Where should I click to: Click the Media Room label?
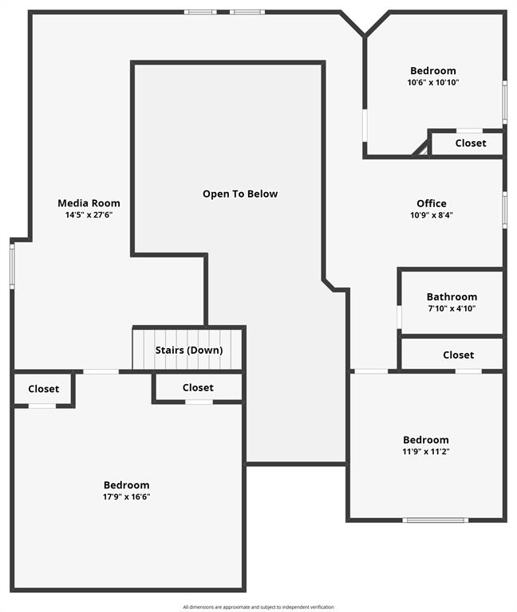pyautogui.click(x=89, y=203)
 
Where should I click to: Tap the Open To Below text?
pyautogui.click(x=240, y=194)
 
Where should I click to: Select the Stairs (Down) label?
pyautogui.click(x=189, y=350)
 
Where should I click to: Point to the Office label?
pyautogui.click(x=432, y=203)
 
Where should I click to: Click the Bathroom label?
pyautogui.click(x=452, y=296)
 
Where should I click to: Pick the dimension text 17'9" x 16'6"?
pyautogui.click(x=127, y=496)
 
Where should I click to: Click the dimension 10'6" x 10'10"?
pyautogui.click(x=433, y=82)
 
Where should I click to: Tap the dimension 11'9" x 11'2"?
pyautogui.click(x=426, y=452)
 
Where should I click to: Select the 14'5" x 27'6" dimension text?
pyautogui.click(x=89, y=214)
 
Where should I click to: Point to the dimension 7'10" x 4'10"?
pyautogui.click(x=452, y=308)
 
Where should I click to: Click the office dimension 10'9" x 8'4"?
pyautogui.click(x=432, y=214)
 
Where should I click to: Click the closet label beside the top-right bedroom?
pyautogui.click(x=471, y=143)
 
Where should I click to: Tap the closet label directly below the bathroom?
pyautogui.click(x=459, y=355)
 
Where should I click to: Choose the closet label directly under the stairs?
pyautogui.click(x=198, y=387)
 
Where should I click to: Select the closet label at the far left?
pyautogui.click(x=43, y=389)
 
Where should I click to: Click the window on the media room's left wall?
pyautogui.click(x=12, y=266)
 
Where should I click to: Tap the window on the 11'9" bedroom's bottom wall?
pyautogui.click(x=436, y=520)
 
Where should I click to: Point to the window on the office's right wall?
pyautogui.click(x=504, y=210)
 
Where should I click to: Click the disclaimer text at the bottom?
pyautogui.click(x=258, y=607)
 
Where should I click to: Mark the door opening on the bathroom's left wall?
pyautogui.click(x=399, y=317)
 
